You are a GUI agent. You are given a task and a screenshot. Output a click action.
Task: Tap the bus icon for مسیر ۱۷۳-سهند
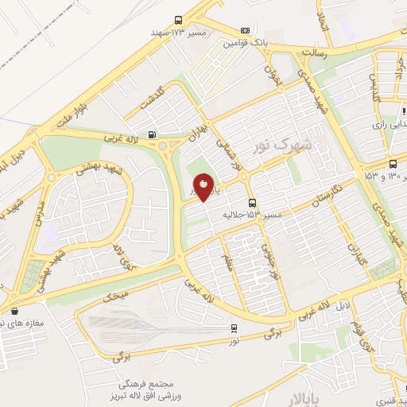pos(178,21)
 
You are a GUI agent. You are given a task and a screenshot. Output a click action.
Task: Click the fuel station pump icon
pos(151,134)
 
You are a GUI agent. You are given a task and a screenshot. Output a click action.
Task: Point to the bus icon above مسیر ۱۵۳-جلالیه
pos(253,203)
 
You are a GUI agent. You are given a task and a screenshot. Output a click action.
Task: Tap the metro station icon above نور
pos(234,326)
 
